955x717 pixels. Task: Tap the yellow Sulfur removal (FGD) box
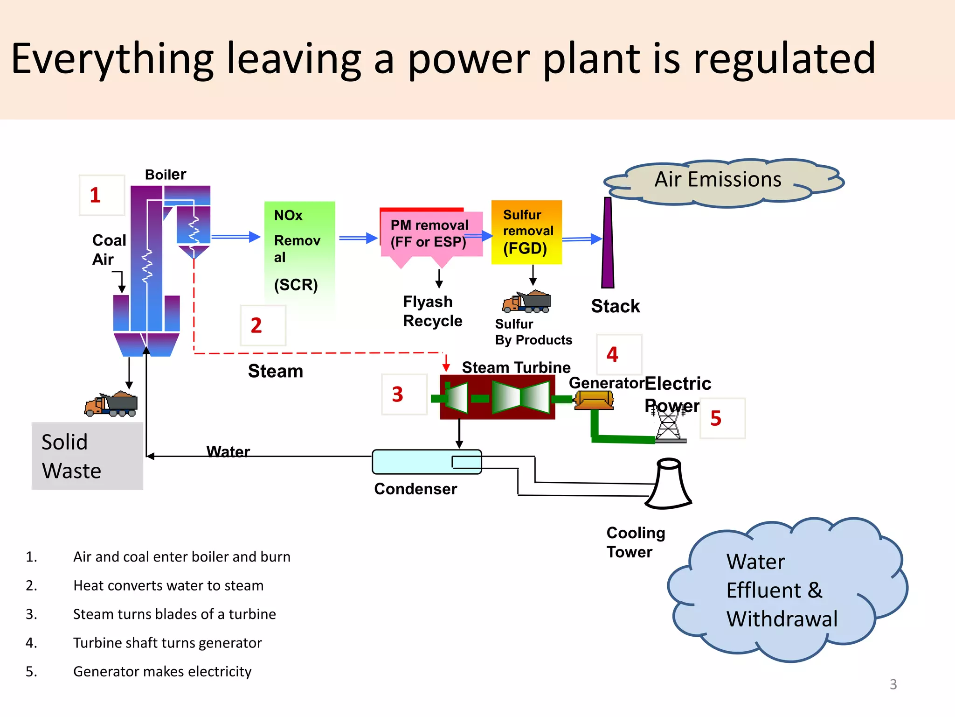click(x=526, y=232)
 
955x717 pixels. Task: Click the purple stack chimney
click(x=608, y=243)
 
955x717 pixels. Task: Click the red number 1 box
click(x=102, y=195)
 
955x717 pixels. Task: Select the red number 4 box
click(x=619, y=355)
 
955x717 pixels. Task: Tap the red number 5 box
click(x=722, y=418)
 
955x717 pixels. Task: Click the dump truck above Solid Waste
click(x=111, y=404)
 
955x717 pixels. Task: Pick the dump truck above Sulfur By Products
click(x=527, y=302)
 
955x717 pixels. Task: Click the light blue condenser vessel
click(x=426, y=462)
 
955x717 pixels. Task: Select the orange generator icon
click(x=594, y=400)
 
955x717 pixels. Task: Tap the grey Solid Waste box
click(x=87, y=456)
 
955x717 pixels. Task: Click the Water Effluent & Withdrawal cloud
click(x=783, y=590)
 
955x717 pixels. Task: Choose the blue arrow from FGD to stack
click(x=581, y=239)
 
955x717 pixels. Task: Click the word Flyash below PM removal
click(x=428, y=302)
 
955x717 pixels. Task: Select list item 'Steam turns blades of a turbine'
click(x=174, y=614)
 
